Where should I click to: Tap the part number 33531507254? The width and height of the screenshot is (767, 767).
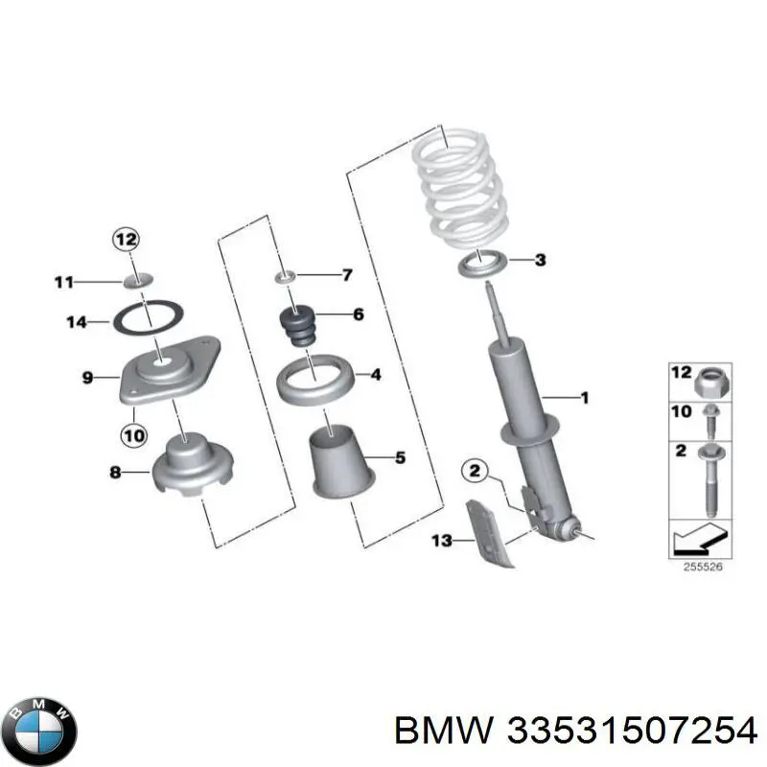[x=632, y=732]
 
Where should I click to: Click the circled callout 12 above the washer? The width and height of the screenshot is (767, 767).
[x=126, y=240]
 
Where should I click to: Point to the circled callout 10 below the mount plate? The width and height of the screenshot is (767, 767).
[x=134, y=435]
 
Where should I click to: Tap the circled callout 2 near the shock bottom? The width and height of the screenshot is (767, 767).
[x=475, y=471]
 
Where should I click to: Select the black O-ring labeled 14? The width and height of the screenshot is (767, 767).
[x=149, y=319]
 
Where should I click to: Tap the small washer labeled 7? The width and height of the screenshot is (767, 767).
[x=285, y=277]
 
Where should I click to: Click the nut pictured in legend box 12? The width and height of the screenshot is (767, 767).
[x=711, y=383]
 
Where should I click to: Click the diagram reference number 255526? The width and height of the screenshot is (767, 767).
[x=703, y=567]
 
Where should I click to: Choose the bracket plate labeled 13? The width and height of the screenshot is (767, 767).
[x=490, y=533]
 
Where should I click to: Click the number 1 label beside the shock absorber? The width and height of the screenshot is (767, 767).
[x=584, y=398]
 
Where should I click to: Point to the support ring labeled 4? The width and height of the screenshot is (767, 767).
[x=315, y=379]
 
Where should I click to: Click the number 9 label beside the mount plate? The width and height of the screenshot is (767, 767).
[x=87, y=378]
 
